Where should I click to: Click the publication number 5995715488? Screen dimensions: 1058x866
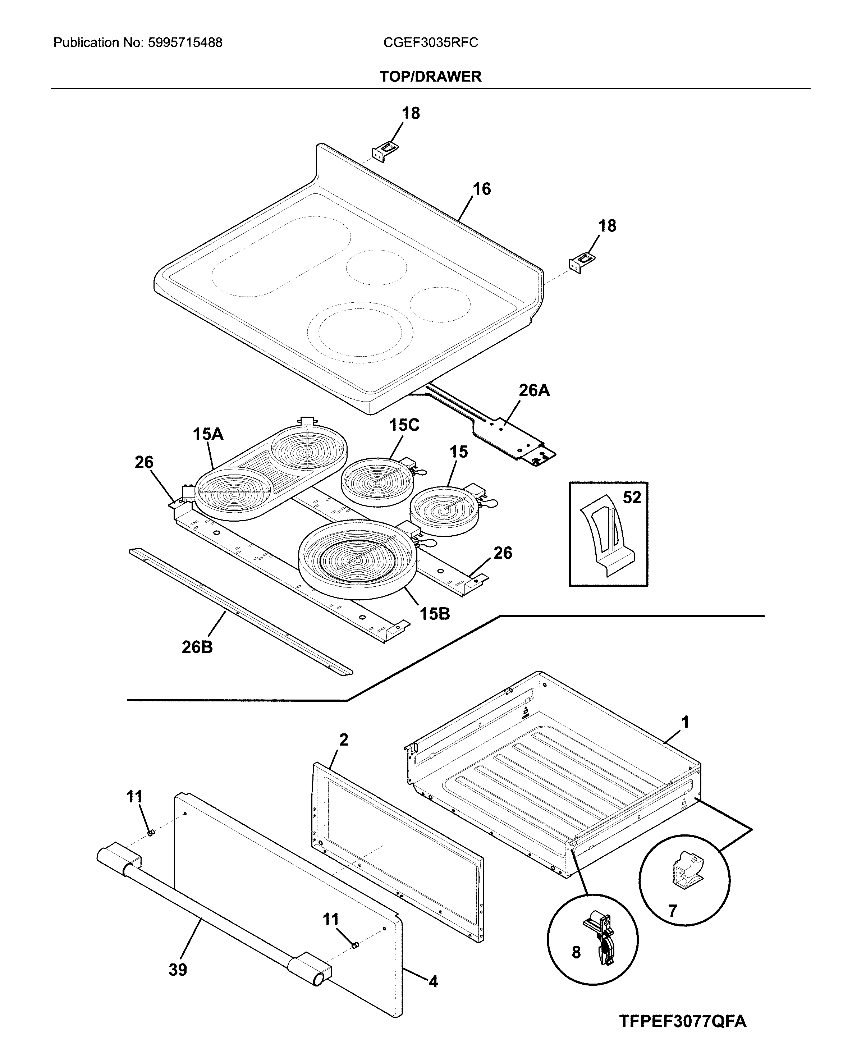click(x=185, y=43)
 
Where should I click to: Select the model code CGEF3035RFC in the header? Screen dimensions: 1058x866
click(x=431, y=43)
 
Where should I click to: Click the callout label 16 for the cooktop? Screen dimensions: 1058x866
click(x=481, y=189)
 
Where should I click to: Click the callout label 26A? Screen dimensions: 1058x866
click(x=534, y=390)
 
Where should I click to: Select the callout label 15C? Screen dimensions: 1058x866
click(x=404, y=425)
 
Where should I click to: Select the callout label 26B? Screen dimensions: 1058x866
click(x=197, y=647)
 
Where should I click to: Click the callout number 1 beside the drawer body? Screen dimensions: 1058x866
click(x=686, y=722)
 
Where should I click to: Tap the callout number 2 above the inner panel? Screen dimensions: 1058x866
click(x=344, y=740)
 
